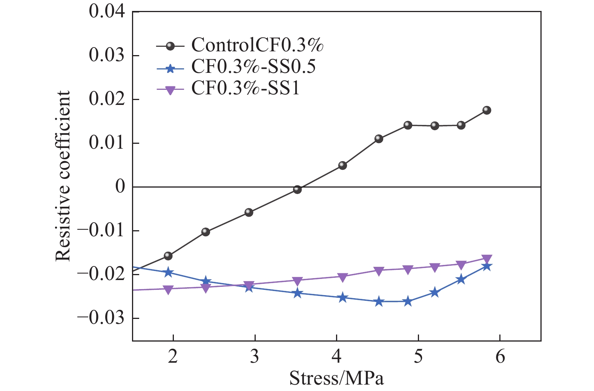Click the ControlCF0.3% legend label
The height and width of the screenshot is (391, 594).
point(257,45)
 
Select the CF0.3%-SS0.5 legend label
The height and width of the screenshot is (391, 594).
point(253,67)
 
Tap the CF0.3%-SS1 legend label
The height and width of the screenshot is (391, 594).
point(246,88)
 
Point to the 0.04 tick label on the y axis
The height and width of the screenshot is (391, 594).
point(107,12)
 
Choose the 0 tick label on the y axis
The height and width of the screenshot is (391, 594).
point(120,186)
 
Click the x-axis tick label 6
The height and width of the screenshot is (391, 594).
point(500,357)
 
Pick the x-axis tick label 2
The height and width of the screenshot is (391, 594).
point(173,357)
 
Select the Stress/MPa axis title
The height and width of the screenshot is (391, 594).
point(336,378)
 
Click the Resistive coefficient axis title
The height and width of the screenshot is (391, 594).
point(63,176)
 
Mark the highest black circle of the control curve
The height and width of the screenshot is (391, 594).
point(487,110)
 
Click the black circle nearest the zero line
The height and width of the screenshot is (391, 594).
point(297,189)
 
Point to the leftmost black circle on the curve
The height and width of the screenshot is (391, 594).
point(168,256)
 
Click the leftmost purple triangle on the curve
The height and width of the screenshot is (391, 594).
point(168,290)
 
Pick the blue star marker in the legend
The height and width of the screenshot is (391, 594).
point(170,69)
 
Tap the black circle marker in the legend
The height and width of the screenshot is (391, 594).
point(170,46)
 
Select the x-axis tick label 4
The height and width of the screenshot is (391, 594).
point(336,357)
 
